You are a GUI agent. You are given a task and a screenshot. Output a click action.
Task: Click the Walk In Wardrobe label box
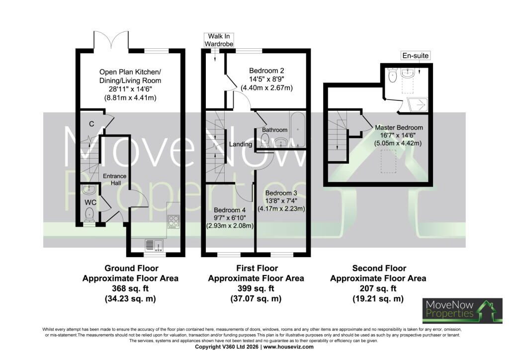(219, 40)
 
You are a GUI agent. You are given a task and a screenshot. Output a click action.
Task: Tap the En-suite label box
(416, 56)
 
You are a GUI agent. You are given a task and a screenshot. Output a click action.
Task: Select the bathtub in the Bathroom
(298, 129)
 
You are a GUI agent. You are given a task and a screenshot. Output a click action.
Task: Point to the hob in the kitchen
(173, 221)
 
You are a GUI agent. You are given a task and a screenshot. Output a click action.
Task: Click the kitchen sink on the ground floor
(154, 245)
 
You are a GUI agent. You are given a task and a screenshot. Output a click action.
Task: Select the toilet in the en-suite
(393, 75)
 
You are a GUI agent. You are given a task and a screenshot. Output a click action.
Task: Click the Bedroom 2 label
(266, 71)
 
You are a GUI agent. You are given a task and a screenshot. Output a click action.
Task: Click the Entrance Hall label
(115, 179)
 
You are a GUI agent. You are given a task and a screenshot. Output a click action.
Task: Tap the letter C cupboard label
(91, 124)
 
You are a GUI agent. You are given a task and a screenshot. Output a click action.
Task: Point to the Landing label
(241, 144)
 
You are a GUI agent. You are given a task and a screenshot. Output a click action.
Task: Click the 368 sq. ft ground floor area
(130, 288)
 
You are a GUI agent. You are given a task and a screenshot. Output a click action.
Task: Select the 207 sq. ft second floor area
(378, 288)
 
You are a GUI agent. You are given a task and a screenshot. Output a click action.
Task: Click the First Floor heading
(257, 268)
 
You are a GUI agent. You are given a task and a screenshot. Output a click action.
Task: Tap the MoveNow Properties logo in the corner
(462, 311)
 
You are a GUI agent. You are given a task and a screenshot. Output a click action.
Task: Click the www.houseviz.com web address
(288, 347)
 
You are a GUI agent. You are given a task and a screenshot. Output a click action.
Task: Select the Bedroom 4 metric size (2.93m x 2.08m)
(230, 226)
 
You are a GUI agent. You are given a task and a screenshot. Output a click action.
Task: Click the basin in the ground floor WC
(87, 189)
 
